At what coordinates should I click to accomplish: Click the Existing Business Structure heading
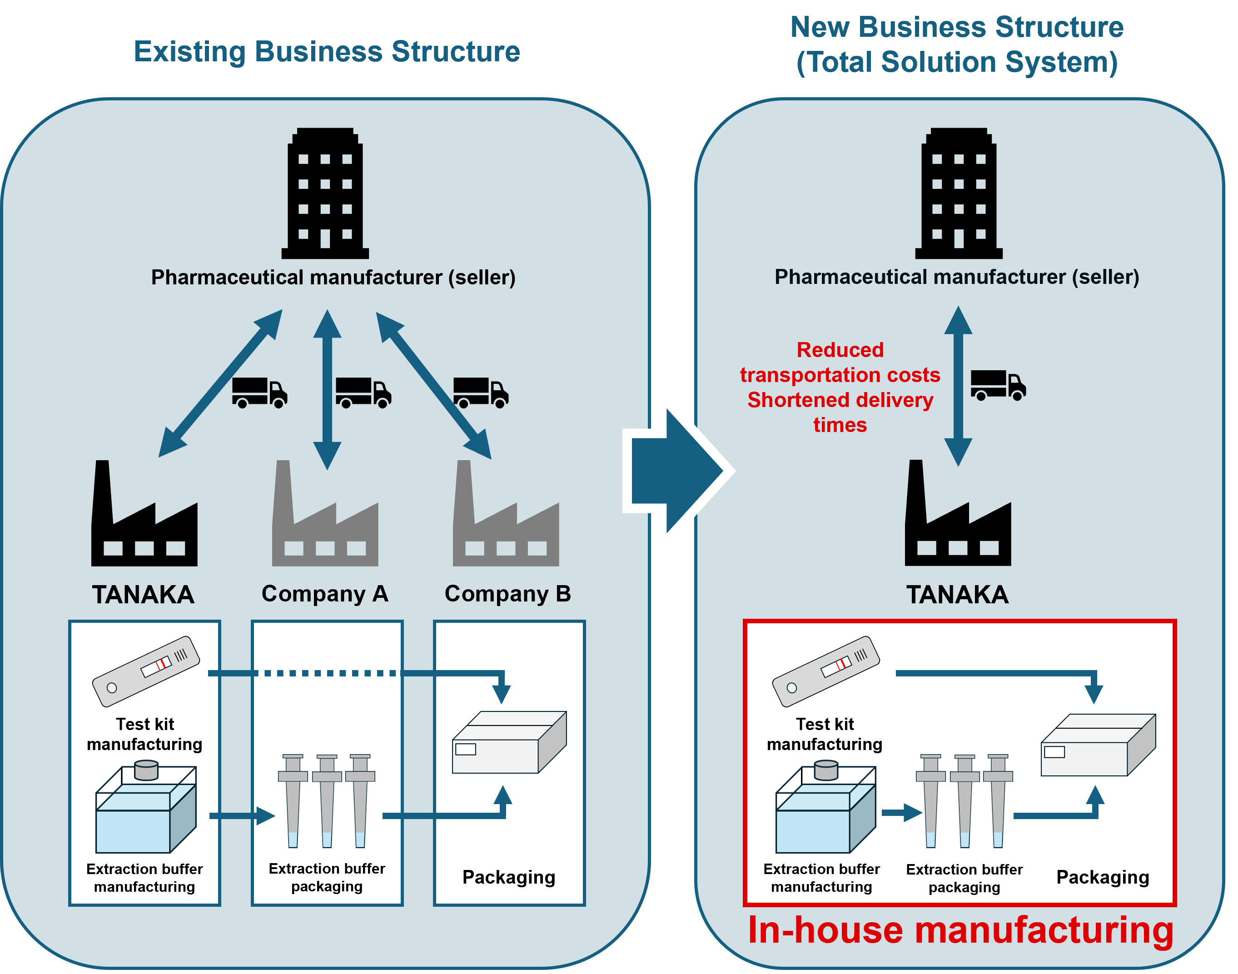[x=327, y=52]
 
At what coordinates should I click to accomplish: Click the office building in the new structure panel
[x=959, y=194]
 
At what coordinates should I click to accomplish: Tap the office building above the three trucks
[x=325, y=194]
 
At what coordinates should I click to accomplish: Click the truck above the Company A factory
[x=363, y=393]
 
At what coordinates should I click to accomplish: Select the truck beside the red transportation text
[x=998, y=386]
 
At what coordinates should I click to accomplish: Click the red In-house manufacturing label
[x=960, y=931]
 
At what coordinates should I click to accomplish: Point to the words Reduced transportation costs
[x=840, y=363]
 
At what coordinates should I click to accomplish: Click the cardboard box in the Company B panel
[x=509, y=742]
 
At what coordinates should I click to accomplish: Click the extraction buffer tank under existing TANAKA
[x=145, y=810]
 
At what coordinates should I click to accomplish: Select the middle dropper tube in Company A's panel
[x=327, y=801]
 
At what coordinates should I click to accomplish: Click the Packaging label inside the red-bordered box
[x=1102, y=877]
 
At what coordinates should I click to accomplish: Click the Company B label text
[x=507, y=594]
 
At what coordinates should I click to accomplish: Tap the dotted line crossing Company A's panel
[x=327, y=673]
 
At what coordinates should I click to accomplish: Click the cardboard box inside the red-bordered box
[x=1098, y=745]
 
